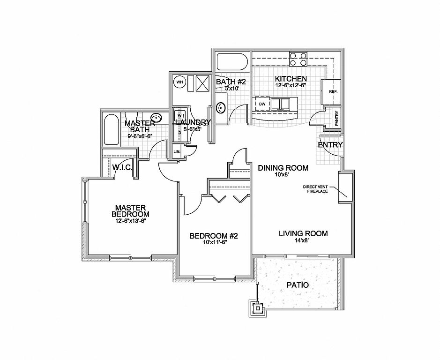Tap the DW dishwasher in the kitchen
[262, 104]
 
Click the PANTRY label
[337, 118]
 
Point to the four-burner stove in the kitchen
[298, 59]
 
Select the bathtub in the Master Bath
[111, 129]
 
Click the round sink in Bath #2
[221, 107]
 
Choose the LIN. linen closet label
[177, 151]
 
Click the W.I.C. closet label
[122, 168]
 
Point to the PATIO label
[298, 285]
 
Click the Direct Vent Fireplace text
[315, 189]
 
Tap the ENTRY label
[330, 145]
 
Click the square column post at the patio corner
[257, 308]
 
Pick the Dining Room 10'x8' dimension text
[282, 175]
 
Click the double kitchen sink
[280, 104]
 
